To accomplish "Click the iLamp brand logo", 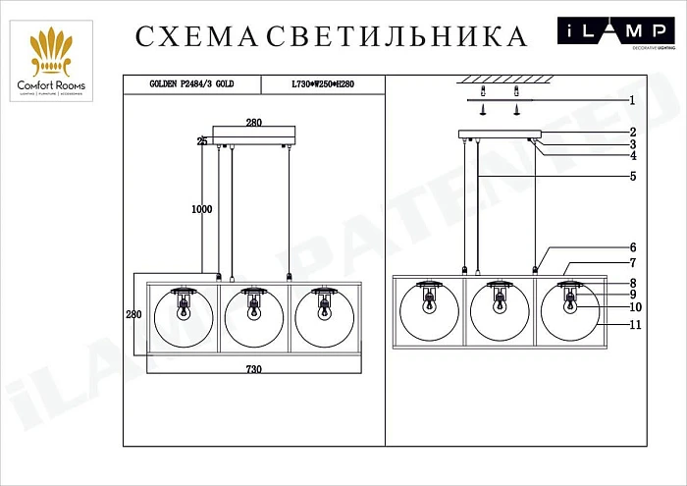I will (x=615, y=34).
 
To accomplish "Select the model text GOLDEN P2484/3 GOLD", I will (x=191, y=85).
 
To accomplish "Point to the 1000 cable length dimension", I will (x=202, y=209).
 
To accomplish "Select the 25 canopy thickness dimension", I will (x=202, y=141).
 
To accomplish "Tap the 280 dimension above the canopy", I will (x=253, y=123).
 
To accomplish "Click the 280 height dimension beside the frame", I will (x=133, y=314).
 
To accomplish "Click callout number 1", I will (x=633, y=100).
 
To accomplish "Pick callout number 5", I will (x=633, y=177).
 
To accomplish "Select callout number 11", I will (x=635, y=324).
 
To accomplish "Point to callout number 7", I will (x=633, y=263).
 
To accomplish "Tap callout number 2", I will (x=633, y=132).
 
